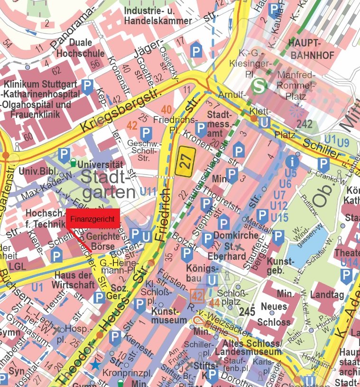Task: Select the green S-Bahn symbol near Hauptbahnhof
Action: (259, 86)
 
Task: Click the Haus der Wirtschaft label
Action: (75, 280)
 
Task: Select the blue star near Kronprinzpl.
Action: (97, 365)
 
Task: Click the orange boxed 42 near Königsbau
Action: (197, 297)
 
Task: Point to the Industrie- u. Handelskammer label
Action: (157, 16)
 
